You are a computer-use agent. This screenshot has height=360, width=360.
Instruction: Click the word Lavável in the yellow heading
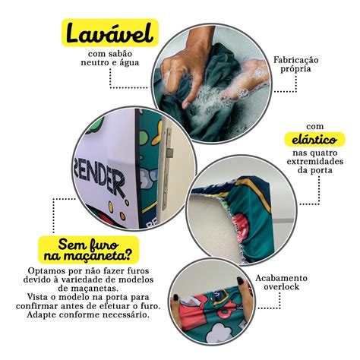click(110, 33)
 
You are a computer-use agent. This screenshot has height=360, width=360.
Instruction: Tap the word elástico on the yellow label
click(314, 140)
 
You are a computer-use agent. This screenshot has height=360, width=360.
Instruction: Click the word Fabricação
click(295, 60)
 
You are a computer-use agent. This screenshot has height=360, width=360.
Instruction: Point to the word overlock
click(281, 287)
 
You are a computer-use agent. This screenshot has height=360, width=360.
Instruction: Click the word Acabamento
click(281, 278)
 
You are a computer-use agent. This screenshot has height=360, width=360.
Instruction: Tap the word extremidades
click(314, 162)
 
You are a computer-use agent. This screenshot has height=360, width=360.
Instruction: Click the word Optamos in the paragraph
click(47, 271)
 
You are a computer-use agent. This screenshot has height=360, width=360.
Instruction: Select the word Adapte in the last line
click(42, 315)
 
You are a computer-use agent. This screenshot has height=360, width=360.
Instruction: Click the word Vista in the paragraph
click(37, 297)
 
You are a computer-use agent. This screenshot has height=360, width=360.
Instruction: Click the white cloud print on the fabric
click(216, 332)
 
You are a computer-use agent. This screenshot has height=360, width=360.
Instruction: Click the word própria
click(295, 69)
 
